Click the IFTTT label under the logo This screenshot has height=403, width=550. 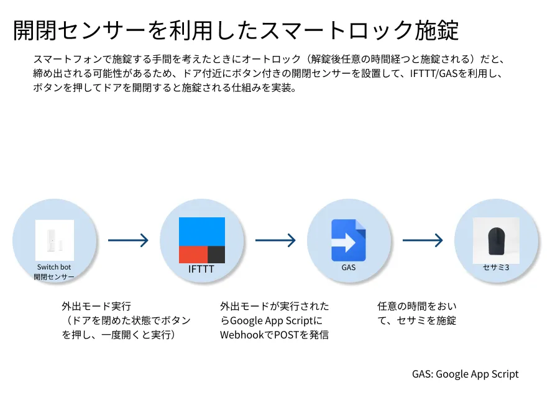[x=201, y=269]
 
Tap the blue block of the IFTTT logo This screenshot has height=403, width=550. [x=202, y=231]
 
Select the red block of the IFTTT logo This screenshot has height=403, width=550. [x=193, y=255]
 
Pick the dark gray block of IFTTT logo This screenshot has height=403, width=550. [x=216, y=255]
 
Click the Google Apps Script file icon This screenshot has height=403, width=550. [x=348, y=240]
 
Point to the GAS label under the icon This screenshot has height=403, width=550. [x=348, y=268]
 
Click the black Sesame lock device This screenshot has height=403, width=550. [x=496, y=240]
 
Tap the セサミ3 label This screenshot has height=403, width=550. [x=496, y=268]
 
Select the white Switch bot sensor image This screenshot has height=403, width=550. [x=54, y=240]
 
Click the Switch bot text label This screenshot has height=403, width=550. [x=54, y=267]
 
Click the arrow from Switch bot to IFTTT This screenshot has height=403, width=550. [x=128, y=240]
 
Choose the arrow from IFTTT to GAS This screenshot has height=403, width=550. [x=275, y=240]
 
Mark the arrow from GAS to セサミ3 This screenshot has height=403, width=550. [x=423, y=240]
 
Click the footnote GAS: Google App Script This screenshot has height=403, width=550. [x=465, y=374]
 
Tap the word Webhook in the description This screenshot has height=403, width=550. [x=242, y=335]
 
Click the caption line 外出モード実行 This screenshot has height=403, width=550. [x=96, y=306]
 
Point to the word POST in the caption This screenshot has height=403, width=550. [x=286, y=335]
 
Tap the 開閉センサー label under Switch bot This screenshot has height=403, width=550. [x=54, y=277]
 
